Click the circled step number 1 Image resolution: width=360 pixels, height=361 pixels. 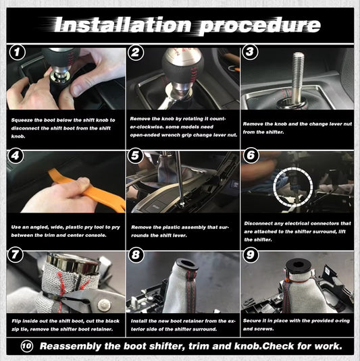point(18,53)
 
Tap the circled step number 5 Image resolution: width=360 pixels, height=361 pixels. point(135,156)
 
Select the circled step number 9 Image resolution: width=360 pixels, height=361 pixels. point(250,255)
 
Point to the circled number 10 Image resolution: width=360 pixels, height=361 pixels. point(27,346)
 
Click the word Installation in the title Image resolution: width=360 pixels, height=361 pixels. point(123,25)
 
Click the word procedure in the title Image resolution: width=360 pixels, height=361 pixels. point(259,26)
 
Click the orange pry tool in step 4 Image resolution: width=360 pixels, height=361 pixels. point(88,190)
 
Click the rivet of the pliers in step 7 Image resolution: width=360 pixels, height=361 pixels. point(103,304)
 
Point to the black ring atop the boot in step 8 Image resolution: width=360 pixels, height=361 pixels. point(186,265)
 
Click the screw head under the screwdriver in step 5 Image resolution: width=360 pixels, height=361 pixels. point(182,204)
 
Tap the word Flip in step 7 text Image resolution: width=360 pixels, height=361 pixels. point(16,321)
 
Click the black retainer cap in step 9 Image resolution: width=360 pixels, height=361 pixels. point(299,265)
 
